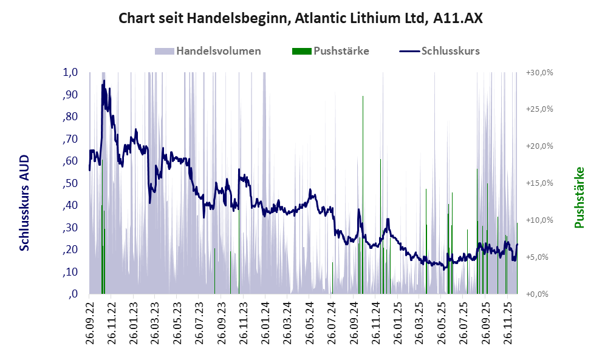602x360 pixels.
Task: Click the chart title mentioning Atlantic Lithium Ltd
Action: pyautogui.click(x=301, y=18)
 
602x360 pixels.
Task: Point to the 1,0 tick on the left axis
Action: pyautogui.click(x=70, y=72)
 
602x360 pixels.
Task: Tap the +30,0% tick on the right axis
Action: pyautogui.click(x=539, y=72)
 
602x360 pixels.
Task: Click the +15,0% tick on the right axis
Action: pyautogui.click(x=539, y=183)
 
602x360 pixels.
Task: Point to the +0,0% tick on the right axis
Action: pyautogui.click(x=539, y=294)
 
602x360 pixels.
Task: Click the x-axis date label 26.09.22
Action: pyautogui.click(x=89, y=322)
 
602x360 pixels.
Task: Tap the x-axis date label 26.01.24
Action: pyautogui.click(x=265, y=322)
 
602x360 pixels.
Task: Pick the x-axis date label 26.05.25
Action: pyautogui.click(x=443, y=322)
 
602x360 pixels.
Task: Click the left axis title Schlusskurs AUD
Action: pyautogui.click(x=25, y=202)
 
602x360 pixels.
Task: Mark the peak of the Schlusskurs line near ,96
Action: pyautogui.click(x=104, y=81)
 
